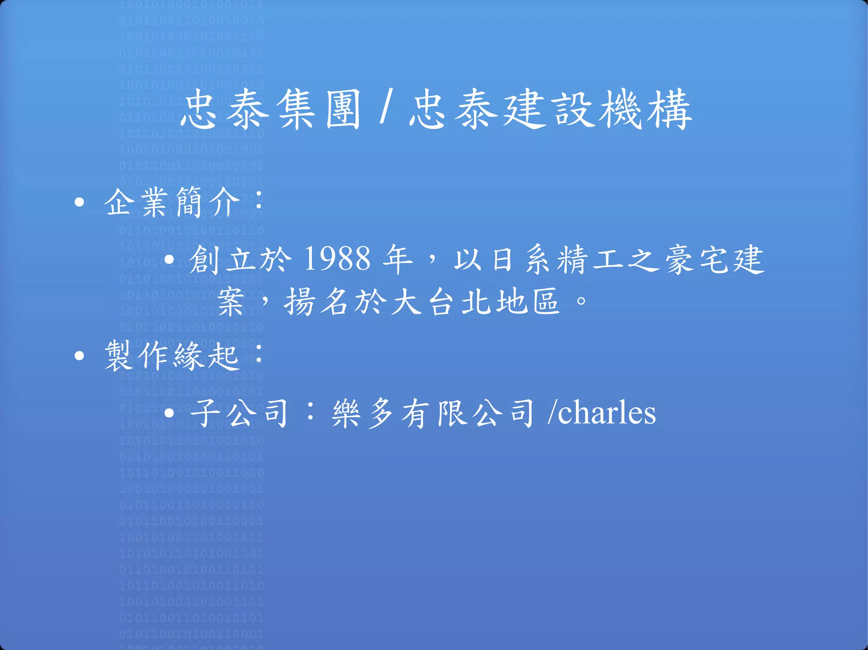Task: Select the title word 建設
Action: pos(548,110)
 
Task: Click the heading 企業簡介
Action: pos(172,202)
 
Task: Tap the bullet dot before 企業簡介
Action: pos(79,202)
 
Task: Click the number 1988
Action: pos(337,259)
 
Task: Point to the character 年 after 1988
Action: pos(397,259)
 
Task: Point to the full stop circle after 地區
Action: pos(581,301)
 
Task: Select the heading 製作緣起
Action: pos(172,356)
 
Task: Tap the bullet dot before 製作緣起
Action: pos(79,356)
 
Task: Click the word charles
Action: pos(607,413)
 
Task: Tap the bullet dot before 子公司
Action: pos(169,413)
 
